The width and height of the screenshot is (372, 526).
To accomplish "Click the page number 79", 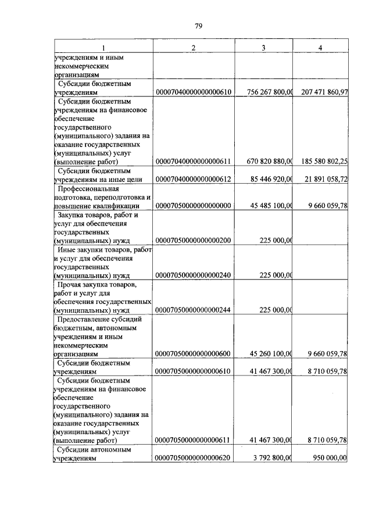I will click(198, 26).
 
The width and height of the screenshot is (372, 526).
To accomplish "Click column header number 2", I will click(194, 47).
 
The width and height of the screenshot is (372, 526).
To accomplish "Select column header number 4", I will click(320, 47).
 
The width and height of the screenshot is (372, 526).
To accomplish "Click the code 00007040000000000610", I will click(194, 92).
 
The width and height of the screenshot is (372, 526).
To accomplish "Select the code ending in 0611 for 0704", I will click(194, 162).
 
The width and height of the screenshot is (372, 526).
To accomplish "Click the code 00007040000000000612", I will click(194, 180).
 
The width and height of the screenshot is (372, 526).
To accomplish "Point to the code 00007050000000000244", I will click(194, 310).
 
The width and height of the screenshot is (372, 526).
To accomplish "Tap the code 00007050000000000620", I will click(194, 458).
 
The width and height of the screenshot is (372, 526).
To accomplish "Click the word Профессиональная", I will click(88, 189).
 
